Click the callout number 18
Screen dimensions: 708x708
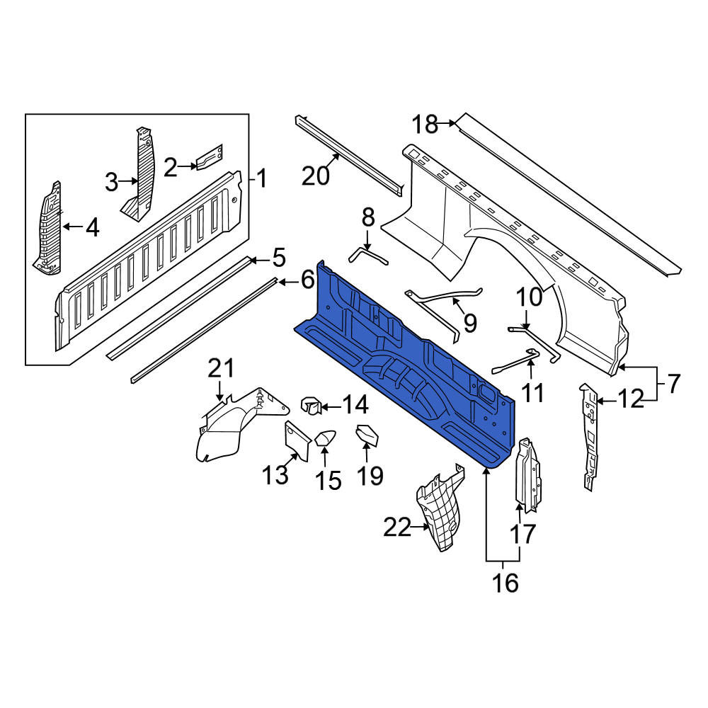(425, 124)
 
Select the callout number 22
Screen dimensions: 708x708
(397, 527)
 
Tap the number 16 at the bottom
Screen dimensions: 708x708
(506, 583)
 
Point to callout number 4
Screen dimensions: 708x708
(92, 227)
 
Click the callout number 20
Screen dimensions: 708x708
(315, 176)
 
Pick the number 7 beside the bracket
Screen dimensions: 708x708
(673, 384)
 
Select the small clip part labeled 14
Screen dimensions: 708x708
(311, 404)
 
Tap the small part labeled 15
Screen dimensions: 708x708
(325, 438)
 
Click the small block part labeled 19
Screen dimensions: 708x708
(368, 434)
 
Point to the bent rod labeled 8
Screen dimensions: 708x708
(368, 256)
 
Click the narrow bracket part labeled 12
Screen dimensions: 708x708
(589, 436)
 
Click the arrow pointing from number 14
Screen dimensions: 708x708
(331, 407)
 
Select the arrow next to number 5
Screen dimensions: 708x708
(260, 260)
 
